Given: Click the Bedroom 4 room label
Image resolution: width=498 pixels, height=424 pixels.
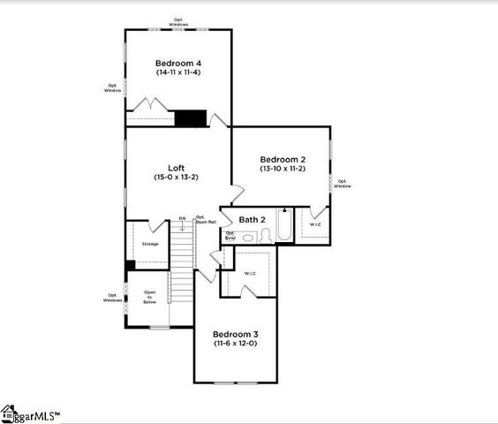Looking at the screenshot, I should click(x=178, y=63).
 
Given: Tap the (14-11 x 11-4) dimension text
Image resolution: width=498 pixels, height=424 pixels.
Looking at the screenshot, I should click(x=178, y=73).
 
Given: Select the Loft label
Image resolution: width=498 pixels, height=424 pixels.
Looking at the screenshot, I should click(x=177, y=168).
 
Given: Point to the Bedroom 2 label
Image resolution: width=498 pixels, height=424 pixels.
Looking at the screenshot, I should click(x=282, y=157).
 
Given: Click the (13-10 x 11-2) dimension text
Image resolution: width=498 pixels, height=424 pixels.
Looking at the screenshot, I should click(x=282, y=168).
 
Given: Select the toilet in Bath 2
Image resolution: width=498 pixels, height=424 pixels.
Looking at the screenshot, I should click(x=264, y=235).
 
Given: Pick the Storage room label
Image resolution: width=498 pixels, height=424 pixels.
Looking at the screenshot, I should click(x=150, y=243).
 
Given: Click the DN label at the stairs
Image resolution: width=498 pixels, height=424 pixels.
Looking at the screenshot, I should click(x=182, y=218).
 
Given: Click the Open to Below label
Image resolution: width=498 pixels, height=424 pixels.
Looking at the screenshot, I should click(x=150, y=297).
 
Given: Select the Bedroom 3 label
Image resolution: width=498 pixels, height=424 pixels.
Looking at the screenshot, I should click(x=235, y=334).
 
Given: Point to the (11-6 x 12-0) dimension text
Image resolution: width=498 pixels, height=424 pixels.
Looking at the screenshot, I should click(x=235, y=344).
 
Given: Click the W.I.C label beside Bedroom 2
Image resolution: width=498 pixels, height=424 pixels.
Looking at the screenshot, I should click(x=315, y=225).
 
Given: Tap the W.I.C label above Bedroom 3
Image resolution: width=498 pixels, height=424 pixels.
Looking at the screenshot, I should click(x=249, y=274).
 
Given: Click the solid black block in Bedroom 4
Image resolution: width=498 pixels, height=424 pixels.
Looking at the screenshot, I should click(x=190, y=118).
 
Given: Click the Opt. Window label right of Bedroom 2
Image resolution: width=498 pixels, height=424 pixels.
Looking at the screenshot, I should click(x=342, y=184).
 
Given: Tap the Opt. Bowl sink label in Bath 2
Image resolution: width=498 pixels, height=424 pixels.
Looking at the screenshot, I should click(x=230, y=236).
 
